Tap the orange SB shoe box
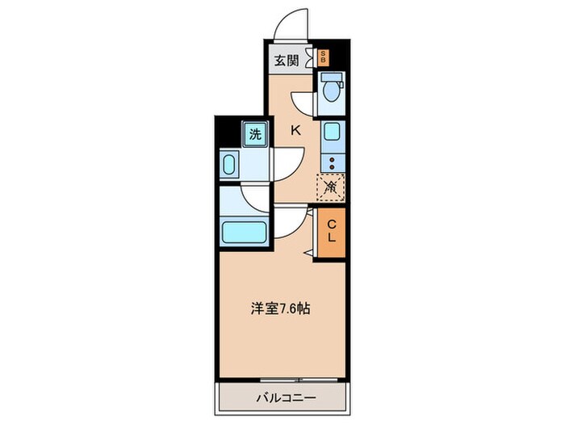[324, 57]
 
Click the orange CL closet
[332, 233]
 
